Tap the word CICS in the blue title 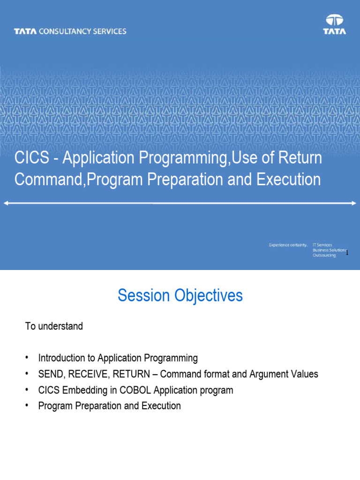pyautogui.click(x=32, y=158)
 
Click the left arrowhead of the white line pyautogui.click(x=6, y=203)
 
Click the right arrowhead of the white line pyautogui.click(x=354, y=203)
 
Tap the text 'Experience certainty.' pyautogui.click(x=288, y=245)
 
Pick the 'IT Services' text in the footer pyautogui.click(x=322, y=245)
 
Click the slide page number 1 pyautogui.click(x=347, y=253)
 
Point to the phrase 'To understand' pyautogui.click(x=54, y=326)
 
